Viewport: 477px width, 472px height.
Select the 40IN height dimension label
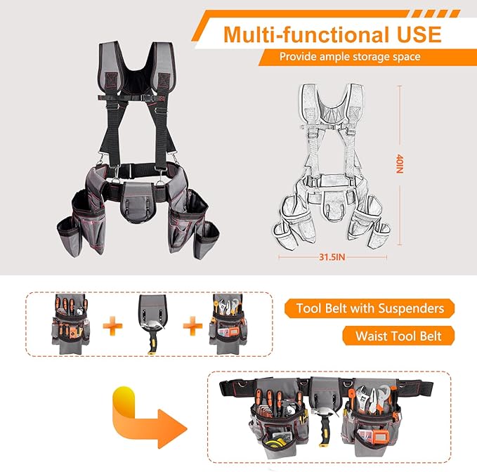(x=399, y=166)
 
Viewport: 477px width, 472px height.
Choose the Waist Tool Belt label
(x=398, y=336)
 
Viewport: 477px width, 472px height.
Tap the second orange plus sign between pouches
(x=190, y=324)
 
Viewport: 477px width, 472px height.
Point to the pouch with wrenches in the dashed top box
(x=229, y=324)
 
